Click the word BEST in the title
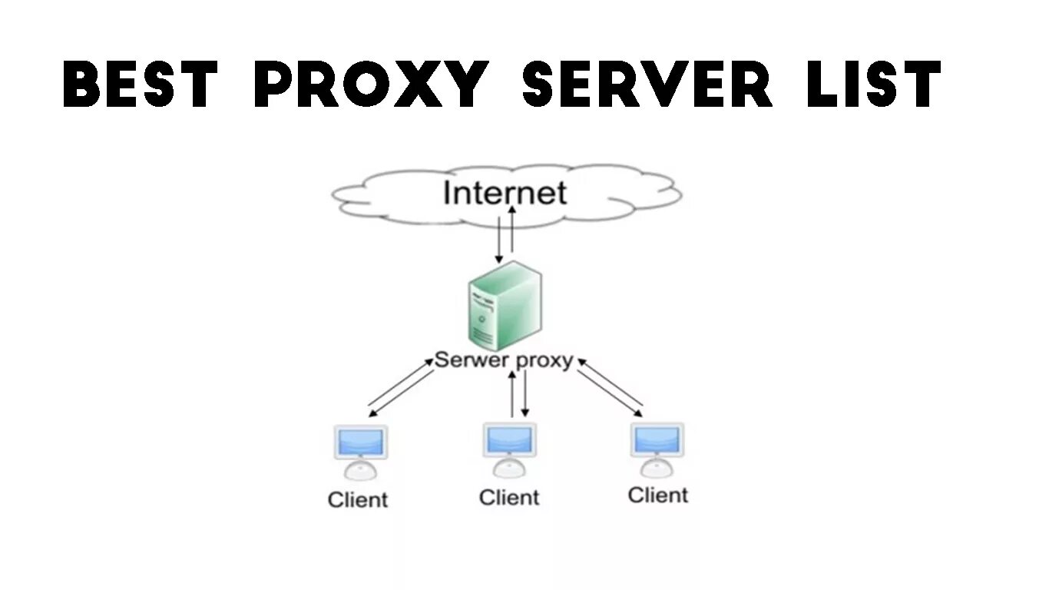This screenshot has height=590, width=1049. pos(141,85)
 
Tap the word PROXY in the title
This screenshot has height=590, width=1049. pos(371,85)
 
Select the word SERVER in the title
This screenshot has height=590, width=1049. pos(647,85)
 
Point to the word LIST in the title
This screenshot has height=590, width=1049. pos(873,85)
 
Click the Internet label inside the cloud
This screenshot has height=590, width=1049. pos(505,193)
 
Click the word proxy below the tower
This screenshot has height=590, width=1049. pos(544,360)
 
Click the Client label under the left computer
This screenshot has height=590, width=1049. pos(358,500)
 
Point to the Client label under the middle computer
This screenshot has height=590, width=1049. pos(509,498)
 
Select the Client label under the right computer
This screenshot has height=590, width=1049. pos(657,495)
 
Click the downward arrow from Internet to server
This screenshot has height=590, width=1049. pos(498,238)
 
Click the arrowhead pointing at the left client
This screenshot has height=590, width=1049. pos(372,413)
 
